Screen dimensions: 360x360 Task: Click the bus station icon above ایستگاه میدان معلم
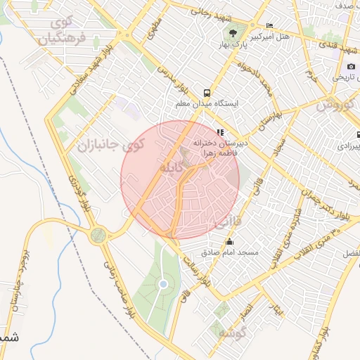(206, 92)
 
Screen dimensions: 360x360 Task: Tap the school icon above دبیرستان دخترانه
(220, 131)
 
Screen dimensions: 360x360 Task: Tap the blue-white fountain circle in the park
(163, 284)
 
